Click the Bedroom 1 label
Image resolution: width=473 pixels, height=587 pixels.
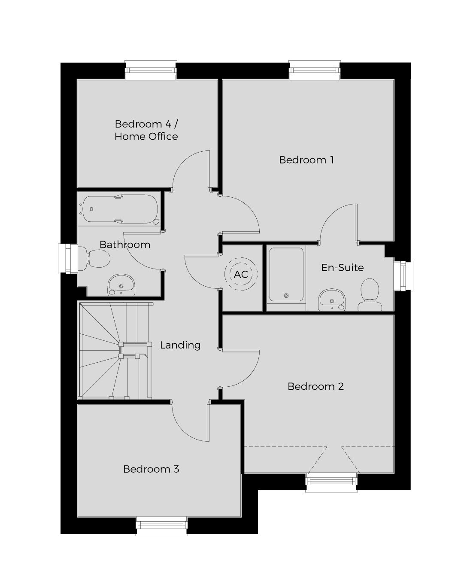point(306,160)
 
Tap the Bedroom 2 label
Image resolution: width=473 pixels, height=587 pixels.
point(315,386)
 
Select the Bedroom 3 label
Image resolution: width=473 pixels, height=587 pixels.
point(151,469)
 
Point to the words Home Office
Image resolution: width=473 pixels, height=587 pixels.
point(146,136)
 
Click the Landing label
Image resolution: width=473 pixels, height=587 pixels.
point(180,345)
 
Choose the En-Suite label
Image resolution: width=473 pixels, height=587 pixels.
point(343,268)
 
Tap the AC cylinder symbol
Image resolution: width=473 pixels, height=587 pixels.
point(241,274)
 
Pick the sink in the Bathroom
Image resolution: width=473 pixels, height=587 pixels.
point(121,285)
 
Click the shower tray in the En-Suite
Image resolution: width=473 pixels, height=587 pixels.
point(286,275)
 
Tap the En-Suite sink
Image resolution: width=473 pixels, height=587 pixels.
point(332,300)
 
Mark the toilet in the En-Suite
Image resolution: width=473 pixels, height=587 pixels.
point(370,295)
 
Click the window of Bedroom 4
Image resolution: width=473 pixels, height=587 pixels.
point(151,70)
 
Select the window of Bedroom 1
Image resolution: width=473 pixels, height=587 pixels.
point(315,70)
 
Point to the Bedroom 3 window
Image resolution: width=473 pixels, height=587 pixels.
point(161,526)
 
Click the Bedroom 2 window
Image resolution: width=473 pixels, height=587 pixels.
point(331,482)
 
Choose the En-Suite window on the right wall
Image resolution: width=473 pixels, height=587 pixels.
point(403,276)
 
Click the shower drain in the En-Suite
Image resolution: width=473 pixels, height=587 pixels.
point(286,296)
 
